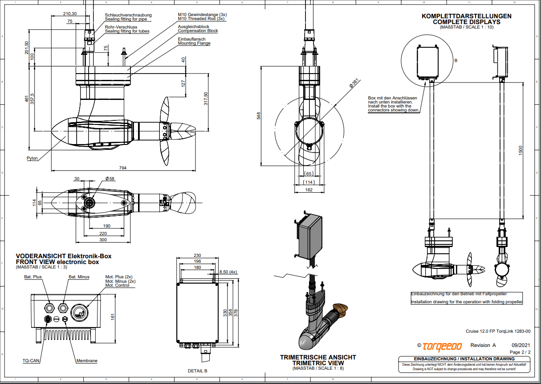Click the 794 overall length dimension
pos(122,168)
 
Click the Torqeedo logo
pos(442,346)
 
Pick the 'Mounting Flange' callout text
pos(194,43)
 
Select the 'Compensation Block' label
pos(198,31)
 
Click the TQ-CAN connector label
pos(31,360)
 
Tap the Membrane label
pos(87,360)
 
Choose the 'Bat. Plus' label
pos(33,277)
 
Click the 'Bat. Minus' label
pos(79,277)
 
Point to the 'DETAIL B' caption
pos(197,371)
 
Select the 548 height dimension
pos(258,116)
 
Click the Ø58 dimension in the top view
pos(110,178)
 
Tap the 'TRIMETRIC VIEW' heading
pos(318,363)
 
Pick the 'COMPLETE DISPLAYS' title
pos(467,21)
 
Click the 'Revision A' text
pos(483,345)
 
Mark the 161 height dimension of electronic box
pos(113,316)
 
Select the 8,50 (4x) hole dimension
pos(228,271)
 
